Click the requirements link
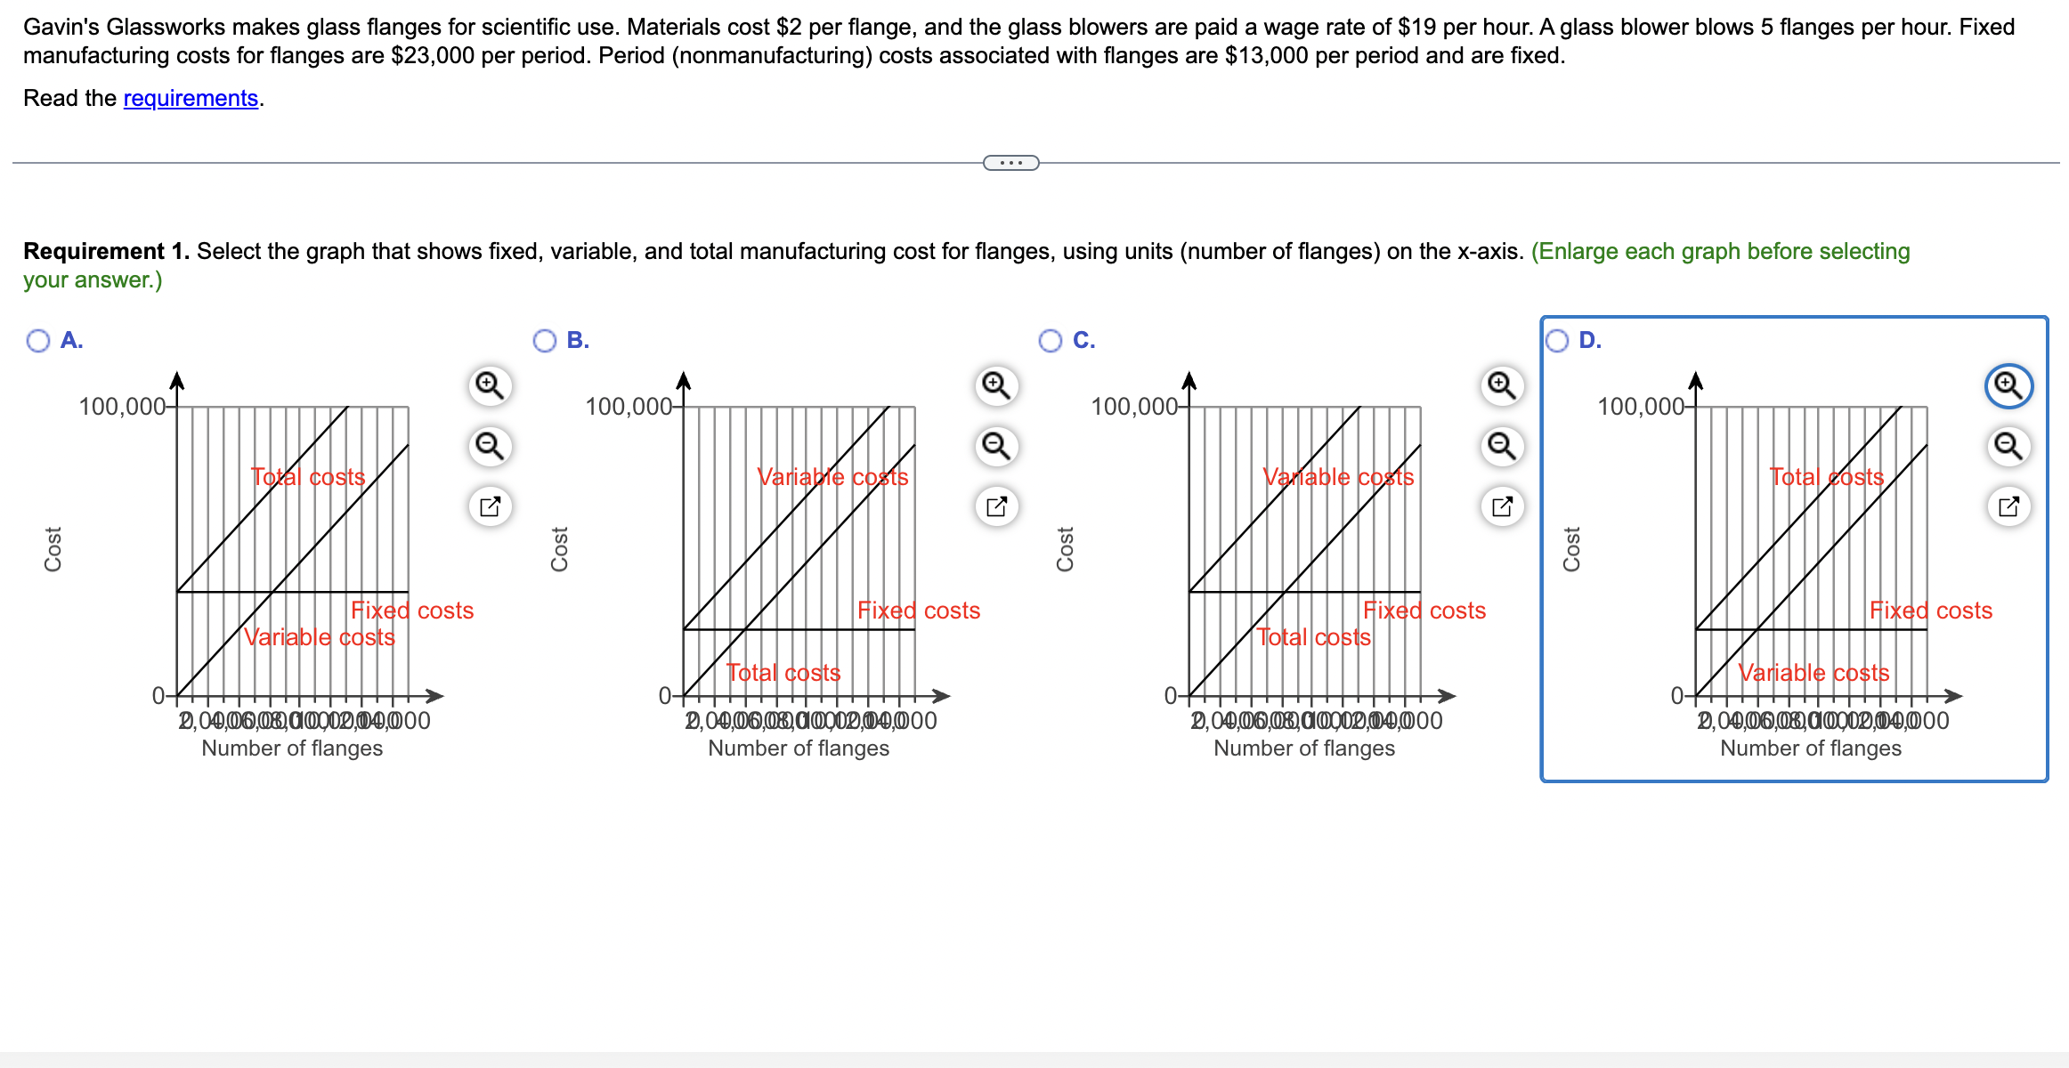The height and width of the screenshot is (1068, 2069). click(x=190, y=98)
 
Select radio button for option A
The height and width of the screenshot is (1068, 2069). click(x=38, y=341)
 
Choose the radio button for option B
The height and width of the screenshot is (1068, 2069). click(x=544, y=341)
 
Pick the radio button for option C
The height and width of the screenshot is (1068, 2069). click(x=1051, y=341)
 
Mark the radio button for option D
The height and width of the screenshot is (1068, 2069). click(x=1557, y=341)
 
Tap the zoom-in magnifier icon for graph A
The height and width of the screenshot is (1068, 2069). click(x=490, y=385)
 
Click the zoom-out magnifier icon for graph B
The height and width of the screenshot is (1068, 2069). click(x=996, y=445)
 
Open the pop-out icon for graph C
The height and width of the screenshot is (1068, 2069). click(x=1502, y=506)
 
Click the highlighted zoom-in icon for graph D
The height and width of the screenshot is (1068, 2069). click(x=2008, y=385)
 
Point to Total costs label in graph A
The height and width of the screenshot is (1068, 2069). click(x=308, y=477)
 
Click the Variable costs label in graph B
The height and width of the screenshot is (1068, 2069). click(x=832, y=477)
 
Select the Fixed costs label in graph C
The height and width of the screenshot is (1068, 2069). click(x=1424, y=611)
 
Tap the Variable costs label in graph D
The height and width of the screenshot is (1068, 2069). click(x=1813, y=673)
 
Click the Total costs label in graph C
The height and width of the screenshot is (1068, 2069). click(x=1313, y=637)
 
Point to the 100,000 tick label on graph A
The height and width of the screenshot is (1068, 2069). click(x=122, y=407)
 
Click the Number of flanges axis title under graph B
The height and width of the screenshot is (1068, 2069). click(x=799, y=748)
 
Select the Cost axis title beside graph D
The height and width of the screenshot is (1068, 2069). click(x=1571, y=549)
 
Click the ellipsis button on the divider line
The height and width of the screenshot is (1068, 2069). click(x=1010, y=163)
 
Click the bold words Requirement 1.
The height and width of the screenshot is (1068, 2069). click(x=106, y=251)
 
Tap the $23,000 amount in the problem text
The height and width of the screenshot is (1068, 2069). click(x=432, y=55)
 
